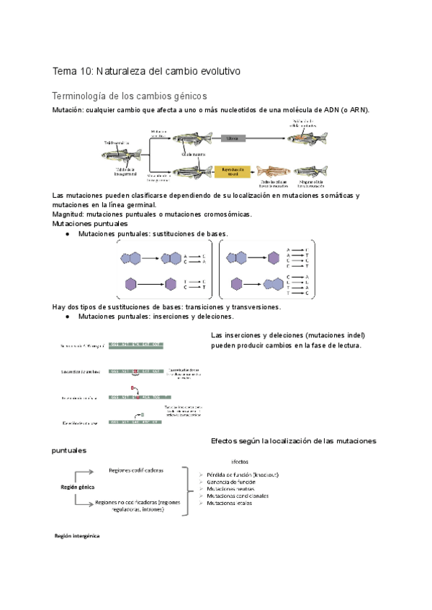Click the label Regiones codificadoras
click(x=135, y=470)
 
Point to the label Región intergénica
click(x=77, y=536)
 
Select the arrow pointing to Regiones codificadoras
click(x=83, y=471)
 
